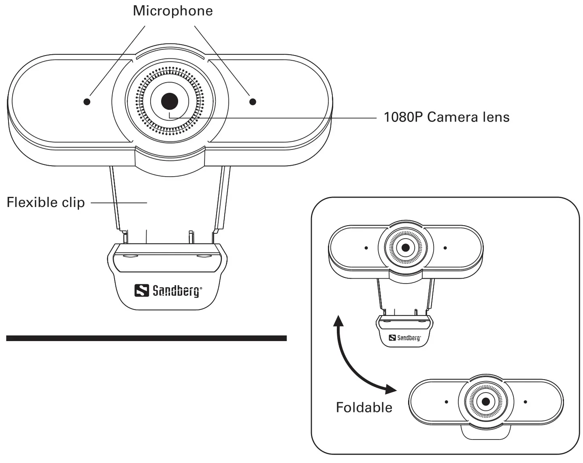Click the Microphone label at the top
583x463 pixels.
[x=173, y=11]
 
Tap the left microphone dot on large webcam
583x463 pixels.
[x=87, y=102]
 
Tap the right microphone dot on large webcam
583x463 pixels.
[x=253, y=102]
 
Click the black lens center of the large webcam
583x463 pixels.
[x=170, y=102]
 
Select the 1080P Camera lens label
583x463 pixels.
[x=446, y=117]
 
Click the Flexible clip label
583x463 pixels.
[x=46, y=202]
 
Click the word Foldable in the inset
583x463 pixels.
[x=364, y=407]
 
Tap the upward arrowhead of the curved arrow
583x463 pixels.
[x=338, y=320]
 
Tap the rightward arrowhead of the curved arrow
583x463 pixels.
[x=391, y=389]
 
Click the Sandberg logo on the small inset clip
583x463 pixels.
[x=405, y=337]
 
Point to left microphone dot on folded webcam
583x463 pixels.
[x=446, y=402]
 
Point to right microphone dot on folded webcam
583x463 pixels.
[x=525, y=402]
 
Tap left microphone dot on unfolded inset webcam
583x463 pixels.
[x=366, y=248]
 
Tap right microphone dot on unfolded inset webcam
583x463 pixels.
[x=445, y=248]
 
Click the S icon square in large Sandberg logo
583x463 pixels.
[x=142, y=290]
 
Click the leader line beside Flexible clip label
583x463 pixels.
[x=119, y=202]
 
